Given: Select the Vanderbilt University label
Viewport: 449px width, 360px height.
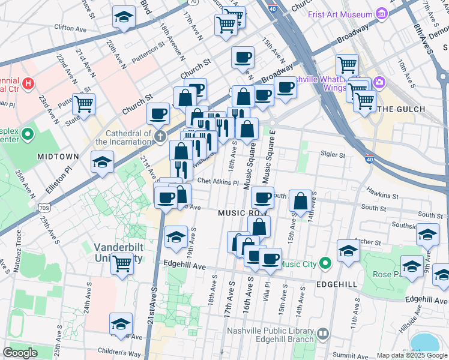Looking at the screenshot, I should point(118,253).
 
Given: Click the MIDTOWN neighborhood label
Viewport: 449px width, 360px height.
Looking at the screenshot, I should point(58,156).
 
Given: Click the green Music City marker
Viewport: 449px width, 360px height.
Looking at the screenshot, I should point(325,263).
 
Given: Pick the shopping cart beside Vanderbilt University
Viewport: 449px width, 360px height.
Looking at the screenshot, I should point(122,262).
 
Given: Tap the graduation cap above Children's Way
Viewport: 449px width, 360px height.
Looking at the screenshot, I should point(121,323).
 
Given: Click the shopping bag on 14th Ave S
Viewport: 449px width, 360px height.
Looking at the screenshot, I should point(301,200).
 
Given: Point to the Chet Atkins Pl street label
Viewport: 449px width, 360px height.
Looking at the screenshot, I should point(218,181).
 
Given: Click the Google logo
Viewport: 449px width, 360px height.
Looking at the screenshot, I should point(20,353).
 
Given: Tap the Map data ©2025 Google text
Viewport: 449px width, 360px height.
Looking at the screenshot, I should point(411,355).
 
